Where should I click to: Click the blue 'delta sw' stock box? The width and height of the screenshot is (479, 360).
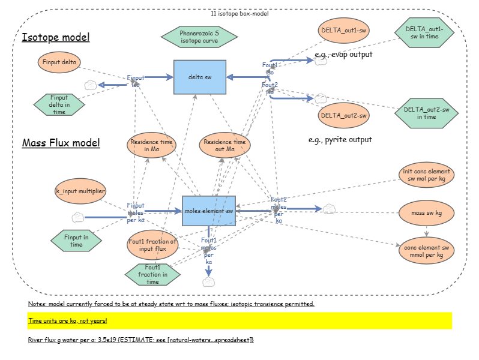(x=199, y=77)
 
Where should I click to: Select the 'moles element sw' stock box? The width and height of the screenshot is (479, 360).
(x=209, y=211)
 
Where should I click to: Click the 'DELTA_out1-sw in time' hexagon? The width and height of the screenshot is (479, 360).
(x=424, y=32)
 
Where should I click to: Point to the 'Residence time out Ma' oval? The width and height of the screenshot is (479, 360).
(x=224, y=145)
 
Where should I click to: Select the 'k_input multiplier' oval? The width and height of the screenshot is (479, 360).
(x=81, y=191)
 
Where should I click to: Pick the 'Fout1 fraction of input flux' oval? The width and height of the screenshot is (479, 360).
(x=152, y=245)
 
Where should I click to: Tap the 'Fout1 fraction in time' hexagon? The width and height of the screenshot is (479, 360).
(x=152, y=274)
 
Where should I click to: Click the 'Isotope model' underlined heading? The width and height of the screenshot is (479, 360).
(x=56, y=38)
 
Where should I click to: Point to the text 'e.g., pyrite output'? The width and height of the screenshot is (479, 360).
(x=340, y=139)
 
